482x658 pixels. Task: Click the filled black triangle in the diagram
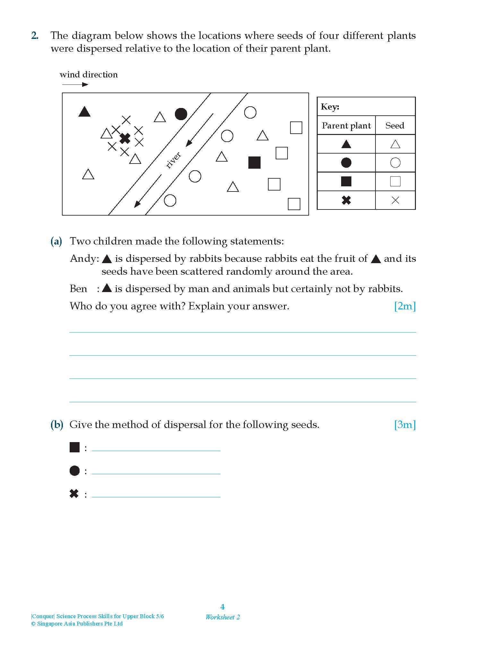coord(84,112)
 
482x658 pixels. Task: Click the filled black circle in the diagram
coord(181,114)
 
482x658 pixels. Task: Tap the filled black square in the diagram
coord(254,163)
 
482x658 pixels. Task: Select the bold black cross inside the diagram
coord(125,138)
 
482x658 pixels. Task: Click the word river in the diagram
coord(174,160)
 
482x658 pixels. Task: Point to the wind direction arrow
coord(75,84)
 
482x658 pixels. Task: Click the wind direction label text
coord(89,75)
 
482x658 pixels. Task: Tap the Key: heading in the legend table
coord(330,107)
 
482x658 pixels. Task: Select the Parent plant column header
coord(346,126)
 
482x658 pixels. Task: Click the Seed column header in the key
coord(395,126)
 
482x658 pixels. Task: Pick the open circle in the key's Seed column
coord(395,163)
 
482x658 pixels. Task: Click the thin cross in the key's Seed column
coord(395,200)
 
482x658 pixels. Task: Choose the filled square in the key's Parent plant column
coord(346,182)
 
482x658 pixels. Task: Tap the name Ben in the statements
coord(78,289)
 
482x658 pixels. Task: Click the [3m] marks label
coord(405,425)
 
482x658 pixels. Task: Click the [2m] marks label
coord(405,306)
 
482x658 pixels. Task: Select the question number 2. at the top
coord(35,36)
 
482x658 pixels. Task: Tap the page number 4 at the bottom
coord(222,607)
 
